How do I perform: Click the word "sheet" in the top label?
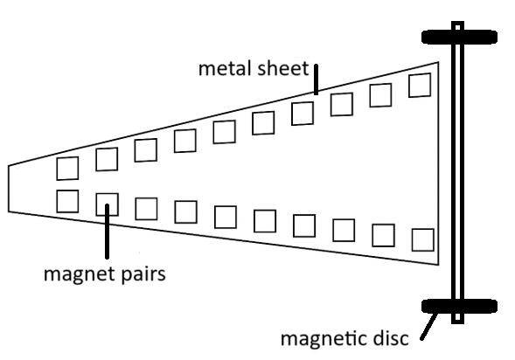point(282,68)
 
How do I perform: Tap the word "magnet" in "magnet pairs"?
point(80,274)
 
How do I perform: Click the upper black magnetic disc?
point(459,37)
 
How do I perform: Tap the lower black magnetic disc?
point(459,306)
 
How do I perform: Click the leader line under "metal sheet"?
point(316,80)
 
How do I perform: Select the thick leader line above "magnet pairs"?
point(107,232)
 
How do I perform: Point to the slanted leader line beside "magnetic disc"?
point(428,327)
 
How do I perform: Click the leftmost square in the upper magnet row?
point(67,169)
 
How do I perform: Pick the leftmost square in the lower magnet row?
point(67,201)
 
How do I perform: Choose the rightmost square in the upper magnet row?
point(420,86)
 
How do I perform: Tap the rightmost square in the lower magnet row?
point(422,240)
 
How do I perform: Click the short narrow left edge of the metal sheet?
point(9,189)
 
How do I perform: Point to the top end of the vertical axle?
point(457,23)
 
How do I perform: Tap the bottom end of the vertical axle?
point(457,323)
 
